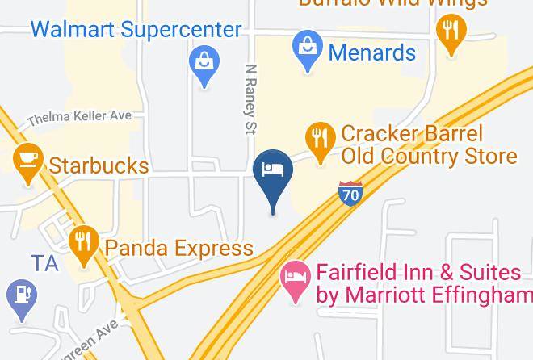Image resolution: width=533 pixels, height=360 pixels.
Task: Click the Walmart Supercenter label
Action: (136, 30)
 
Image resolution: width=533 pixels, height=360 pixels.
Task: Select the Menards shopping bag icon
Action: (308, 47)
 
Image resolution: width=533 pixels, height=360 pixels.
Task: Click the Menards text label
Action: (372, 53)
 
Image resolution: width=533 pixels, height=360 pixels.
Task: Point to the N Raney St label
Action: (250, 100)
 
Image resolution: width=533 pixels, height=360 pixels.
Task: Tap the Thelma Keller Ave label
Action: (79, 118)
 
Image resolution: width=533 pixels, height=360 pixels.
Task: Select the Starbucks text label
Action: (99, 166)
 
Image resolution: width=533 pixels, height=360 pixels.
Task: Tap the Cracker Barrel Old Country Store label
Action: (428, 144)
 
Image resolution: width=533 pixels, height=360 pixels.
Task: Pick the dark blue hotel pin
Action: (273, 171)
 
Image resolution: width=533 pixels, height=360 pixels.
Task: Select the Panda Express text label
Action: (178, 247)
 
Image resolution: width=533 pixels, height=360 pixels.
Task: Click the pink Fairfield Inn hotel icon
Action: (295, 278)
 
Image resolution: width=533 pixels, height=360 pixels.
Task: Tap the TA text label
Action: (45, 263)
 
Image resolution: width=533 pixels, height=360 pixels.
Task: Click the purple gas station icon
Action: (20, 295)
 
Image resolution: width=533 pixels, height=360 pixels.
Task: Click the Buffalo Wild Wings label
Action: (392, 3)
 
